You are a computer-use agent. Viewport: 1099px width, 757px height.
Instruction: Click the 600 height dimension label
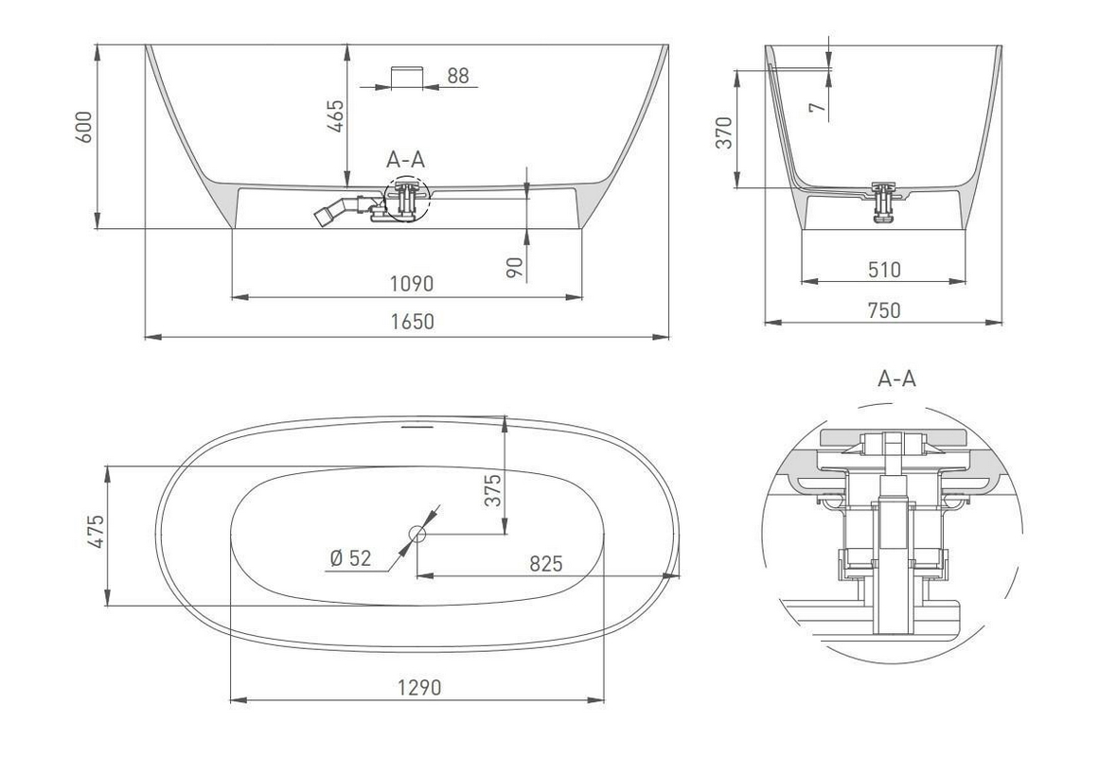click(x=83, y=127)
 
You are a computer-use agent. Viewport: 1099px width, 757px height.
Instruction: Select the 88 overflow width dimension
click(x=458, y=76)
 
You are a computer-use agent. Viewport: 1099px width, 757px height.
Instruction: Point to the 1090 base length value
click(x=412, y=283)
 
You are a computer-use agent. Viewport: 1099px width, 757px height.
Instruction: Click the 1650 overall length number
click(x=412, y=321)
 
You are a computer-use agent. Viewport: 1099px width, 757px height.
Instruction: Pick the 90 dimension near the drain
click(x=515, y=267)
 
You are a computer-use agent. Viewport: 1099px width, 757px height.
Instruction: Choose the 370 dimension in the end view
click(x=724, y=132)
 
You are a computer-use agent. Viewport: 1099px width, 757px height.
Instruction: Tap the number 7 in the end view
click(x=817, y=108)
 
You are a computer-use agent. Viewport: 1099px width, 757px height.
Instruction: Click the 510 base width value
click(x=884, y=269)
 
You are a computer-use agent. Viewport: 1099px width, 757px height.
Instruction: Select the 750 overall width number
click(x=884, y=309)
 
